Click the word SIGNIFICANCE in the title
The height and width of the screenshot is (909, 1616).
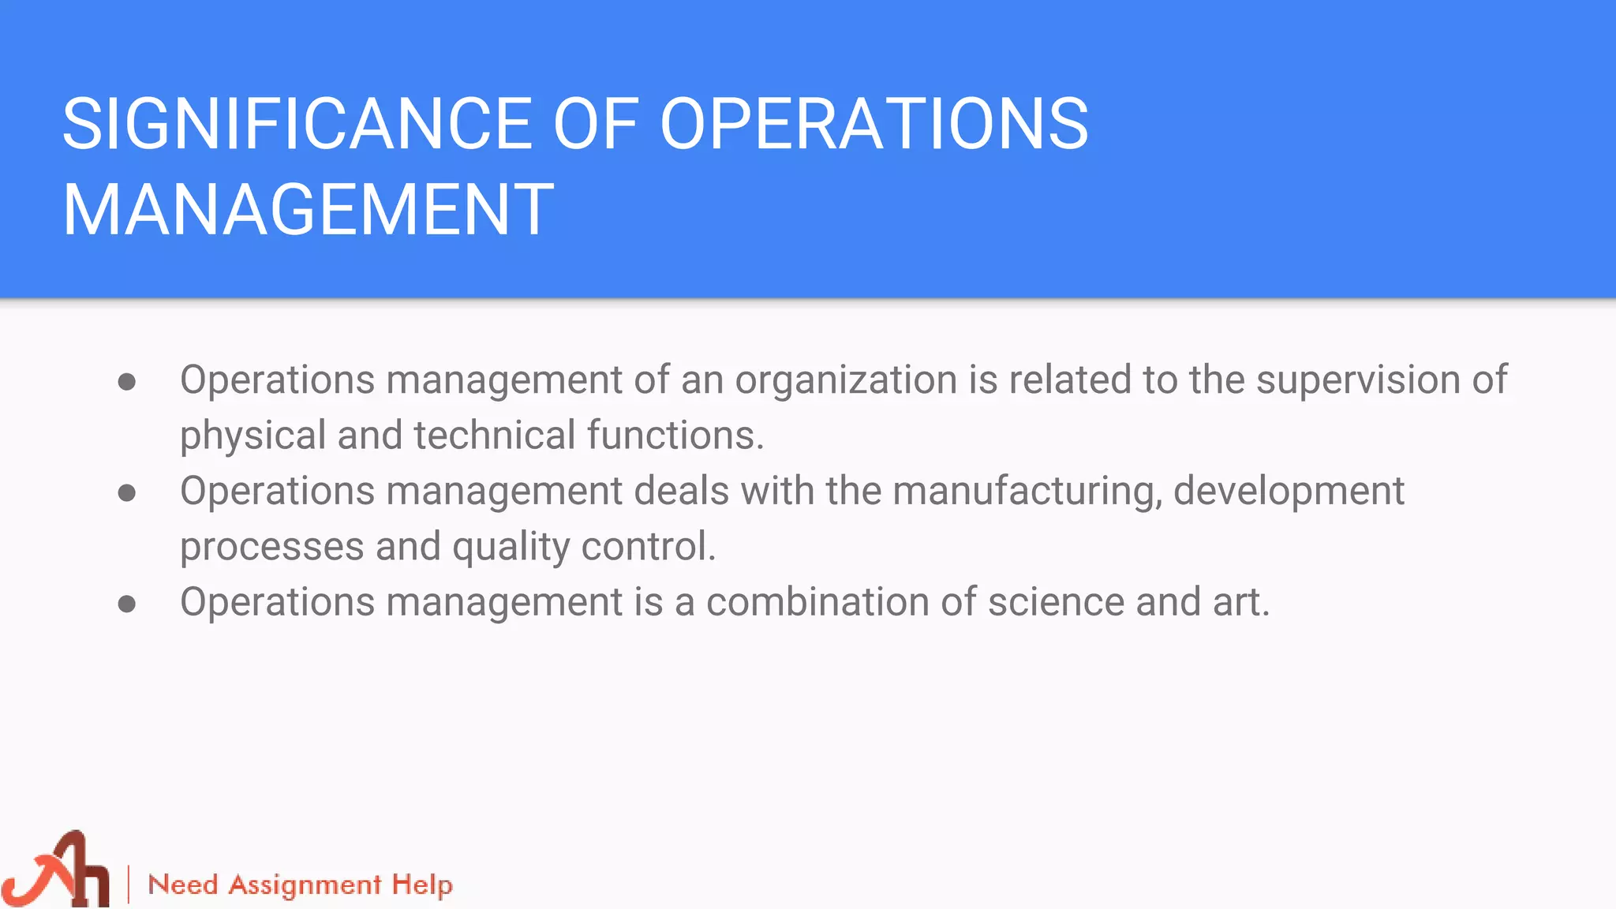[297, 124]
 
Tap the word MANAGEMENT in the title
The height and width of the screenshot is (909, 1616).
[309, 210]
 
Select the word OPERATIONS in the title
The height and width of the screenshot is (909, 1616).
[874, 124]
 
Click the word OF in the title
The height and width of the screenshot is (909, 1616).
[596, 124]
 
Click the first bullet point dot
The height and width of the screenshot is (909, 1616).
[127, 383]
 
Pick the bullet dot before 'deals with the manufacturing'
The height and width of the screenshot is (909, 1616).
[127, 494]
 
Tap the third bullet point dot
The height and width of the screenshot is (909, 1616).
[127, 605]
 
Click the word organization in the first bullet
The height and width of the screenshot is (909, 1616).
[846, 381]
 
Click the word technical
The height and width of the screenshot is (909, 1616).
[495, 435]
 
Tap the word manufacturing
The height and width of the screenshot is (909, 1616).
[1027, 492]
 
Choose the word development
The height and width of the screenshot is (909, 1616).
[1289, 492]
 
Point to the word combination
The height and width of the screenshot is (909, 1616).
[817, 602]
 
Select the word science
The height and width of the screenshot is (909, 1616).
[1056, 602]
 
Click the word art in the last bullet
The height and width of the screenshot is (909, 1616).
[1240, 602]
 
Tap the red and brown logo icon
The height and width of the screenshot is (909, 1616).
[57, 870]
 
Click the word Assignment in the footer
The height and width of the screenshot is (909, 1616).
[305, 885]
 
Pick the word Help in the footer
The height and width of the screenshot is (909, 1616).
[422, 885]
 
